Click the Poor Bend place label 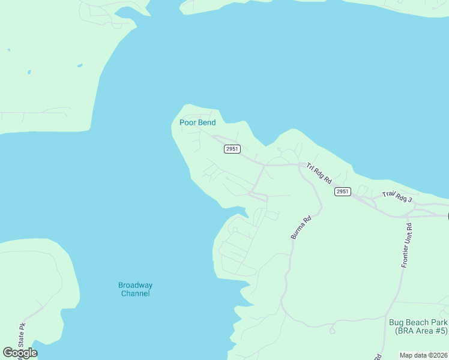(x=197, y=123)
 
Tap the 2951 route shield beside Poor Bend (x=232, y=149)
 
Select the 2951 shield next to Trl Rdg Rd (x=342, y=191)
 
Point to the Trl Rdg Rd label (x=319, y=173)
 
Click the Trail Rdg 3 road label (x=397, y=196)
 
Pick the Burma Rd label (x=301, y=228)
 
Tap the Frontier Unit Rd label (x=406, y=245)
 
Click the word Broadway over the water (x=135, y=285)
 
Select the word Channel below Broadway (x=135, y=293)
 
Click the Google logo (x=20, y=353)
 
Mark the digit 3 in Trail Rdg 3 (x=410, y=199)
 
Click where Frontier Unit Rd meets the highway (x=409, y=215)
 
